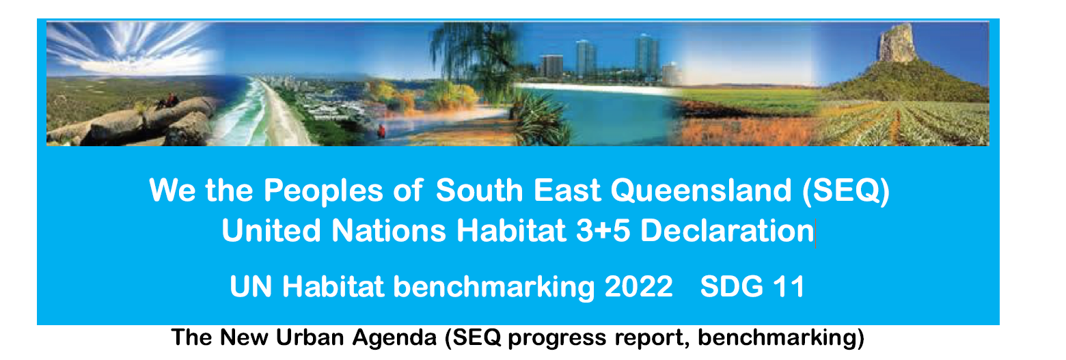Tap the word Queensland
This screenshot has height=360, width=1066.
pos(701,191)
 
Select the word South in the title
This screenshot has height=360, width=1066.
pos(480,190)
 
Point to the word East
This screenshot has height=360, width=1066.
pos(566,190)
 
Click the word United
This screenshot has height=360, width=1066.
pos(271,231)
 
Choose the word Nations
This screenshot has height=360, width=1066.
pos(388,231)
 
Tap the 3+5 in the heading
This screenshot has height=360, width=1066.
pos(603,231)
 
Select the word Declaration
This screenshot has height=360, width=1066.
pos(727,231)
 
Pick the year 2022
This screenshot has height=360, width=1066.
pos(639,287)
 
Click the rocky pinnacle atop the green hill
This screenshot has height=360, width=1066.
pos(895,43)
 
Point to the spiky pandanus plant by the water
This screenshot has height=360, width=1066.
pos(540,119)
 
